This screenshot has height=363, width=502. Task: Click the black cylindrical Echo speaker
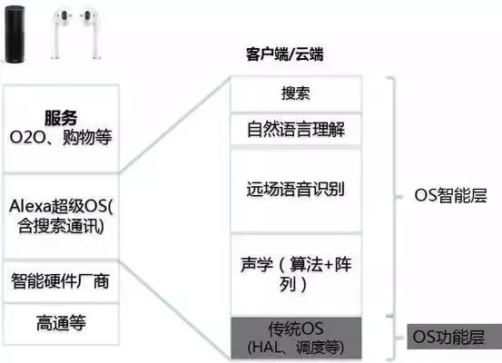[x=15, y=34]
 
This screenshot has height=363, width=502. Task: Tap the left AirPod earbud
[x=60, y=33]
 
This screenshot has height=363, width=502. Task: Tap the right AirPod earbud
[x=91, y=33]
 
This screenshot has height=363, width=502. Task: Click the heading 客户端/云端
[x=284, y=54]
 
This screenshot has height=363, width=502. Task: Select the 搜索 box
[x=296, y=93]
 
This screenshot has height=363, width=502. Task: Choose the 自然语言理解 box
[x=296, y=130]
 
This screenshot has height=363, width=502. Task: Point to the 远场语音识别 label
[x=296, y=189]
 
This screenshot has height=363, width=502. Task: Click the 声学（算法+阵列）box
[x=296, y=274]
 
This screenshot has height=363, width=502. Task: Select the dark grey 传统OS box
[x=296, y=338]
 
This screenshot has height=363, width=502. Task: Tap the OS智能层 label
[x=450, y=195]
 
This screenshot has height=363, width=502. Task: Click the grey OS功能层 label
[x=454, y=337]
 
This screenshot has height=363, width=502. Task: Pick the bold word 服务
[x=61, y=117]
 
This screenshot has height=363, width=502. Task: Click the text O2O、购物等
[x=61, y=137]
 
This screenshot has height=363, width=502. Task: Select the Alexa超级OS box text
[x=61, y=216]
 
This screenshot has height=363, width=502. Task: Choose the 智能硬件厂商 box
[x=61, y=281]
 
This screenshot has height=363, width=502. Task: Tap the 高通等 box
[x=61, y=324]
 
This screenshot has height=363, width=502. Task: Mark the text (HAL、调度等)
[x=296, y=348]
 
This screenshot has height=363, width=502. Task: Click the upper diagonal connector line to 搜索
[x=175, y=125]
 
